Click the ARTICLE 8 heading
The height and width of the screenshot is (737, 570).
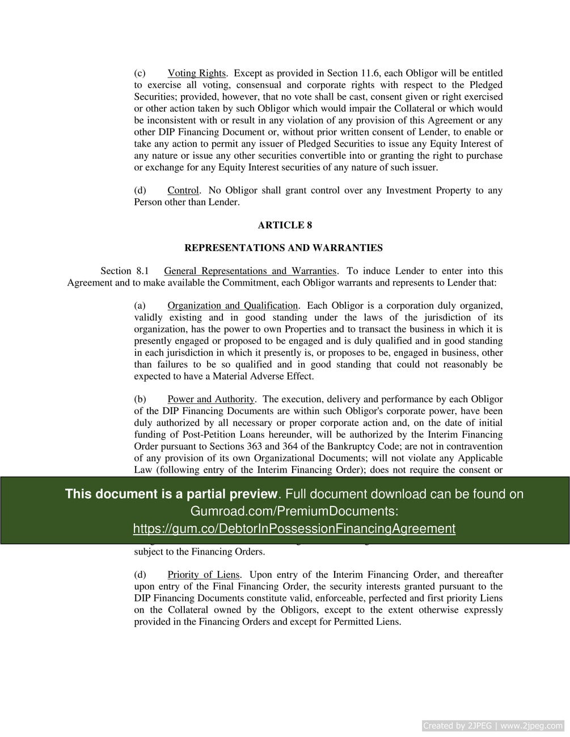285,225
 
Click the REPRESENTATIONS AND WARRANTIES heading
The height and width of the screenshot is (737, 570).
284,248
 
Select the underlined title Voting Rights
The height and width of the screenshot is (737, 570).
196,73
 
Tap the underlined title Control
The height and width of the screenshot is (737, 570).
183,190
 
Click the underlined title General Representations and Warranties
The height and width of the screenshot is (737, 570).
250,271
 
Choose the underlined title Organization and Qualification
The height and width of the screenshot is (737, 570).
233,306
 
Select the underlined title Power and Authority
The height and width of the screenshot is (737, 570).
210,399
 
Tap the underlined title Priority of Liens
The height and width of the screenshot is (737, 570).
203,574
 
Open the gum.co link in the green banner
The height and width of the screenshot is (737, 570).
294,529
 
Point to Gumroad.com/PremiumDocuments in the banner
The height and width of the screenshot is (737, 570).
294,511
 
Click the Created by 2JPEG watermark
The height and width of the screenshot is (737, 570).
492,726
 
